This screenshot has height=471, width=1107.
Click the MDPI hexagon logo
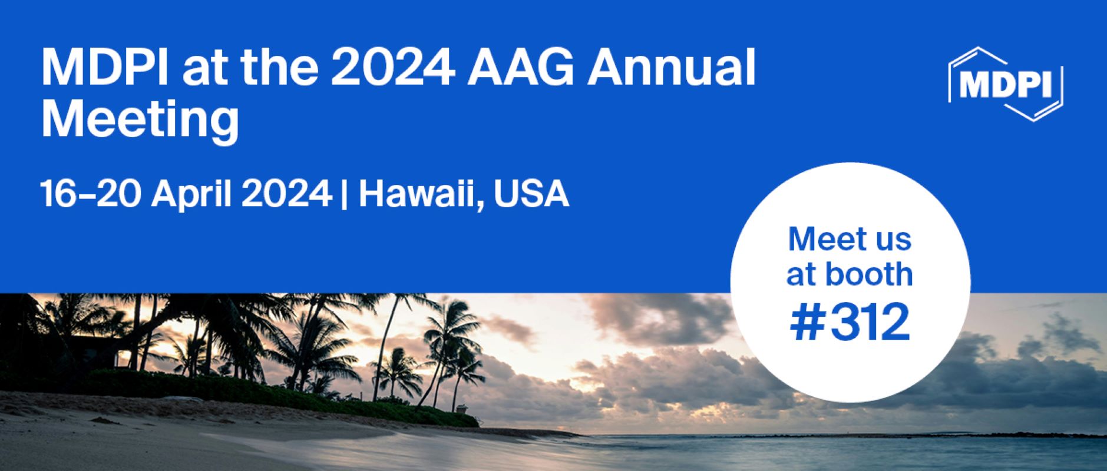(x=1006, y=85)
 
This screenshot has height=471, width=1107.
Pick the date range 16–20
(x=90, y=194)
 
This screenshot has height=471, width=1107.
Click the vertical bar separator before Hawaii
(x=343, y=195)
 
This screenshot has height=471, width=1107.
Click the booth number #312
(x=850, y=323)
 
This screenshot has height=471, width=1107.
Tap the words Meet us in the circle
(x=850, y=240)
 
